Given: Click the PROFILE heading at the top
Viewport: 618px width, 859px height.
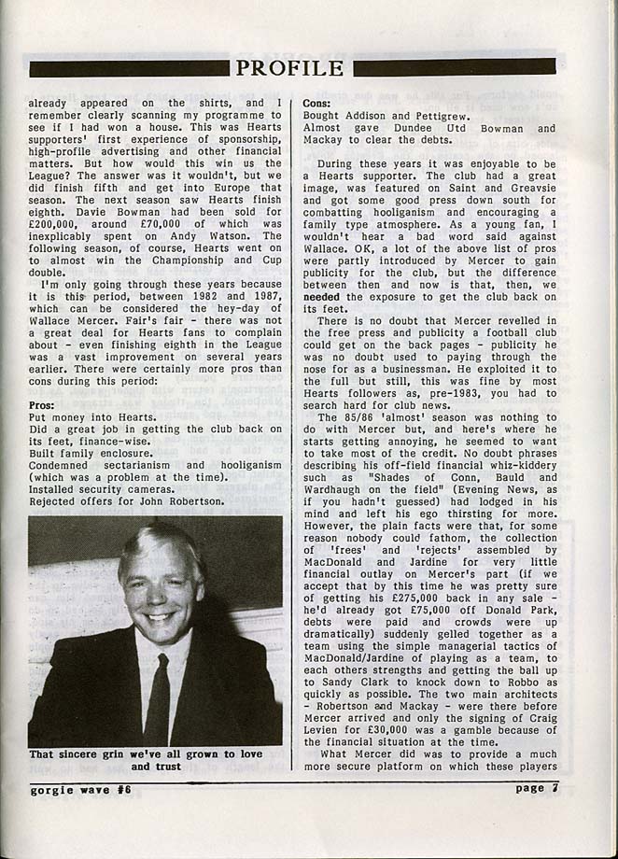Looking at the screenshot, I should click(289, 67).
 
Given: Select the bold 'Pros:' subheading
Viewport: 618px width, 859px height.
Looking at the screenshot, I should click(44, 406).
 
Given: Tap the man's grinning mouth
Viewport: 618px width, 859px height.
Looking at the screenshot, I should click(159, 617).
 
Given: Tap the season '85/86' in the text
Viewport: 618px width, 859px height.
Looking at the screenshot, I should click(358, 416).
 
